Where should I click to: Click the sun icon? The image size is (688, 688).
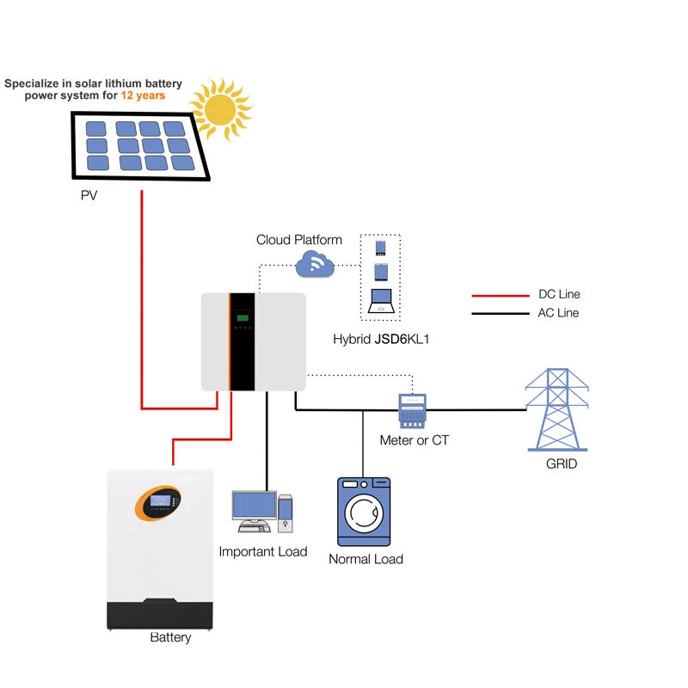(x=221, y=109)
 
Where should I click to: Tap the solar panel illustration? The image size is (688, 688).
(x=140, y=146)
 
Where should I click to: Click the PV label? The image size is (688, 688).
(x=89, y=195)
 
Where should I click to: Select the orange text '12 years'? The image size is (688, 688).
(x=143, y=95)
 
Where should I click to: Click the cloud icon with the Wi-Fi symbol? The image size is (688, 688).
(x=315, y=264)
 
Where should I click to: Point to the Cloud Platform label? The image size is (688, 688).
(x=299, y=240)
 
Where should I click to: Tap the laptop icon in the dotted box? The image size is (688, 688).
(x=381, y=301)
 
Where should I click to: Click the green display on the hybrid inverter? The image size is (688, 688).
(x=243, y=318)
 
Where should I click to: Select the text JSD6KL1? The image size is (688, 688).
(x=402, y=339)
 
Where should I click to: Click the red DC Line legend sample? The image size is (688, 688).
(x=501, y=296)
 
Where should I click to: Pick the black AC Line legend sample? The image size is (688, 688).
(x=501, y=314)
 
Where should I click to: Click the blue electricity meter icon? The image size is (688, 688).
(x=412, y=411)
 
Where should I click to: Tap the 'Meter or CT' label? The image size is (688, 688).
(x=415, y=440)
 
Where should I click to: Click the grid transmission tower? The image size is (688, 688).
(x=557, y=410)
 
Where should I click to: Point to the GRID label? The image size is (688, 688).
(x=562, y=464)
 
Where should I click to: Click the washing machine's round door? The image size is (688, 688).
(x=364, y=513)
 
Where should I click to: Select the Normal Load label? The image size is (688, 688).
(x=366, y=559)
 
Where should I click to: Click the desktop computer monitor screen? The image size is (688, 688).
(x=255, y=506)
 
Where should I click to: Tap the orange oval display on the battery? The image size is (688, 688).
(x=158, y=503)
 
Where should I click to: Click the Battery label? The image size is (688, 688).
(x=170, y=637)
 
